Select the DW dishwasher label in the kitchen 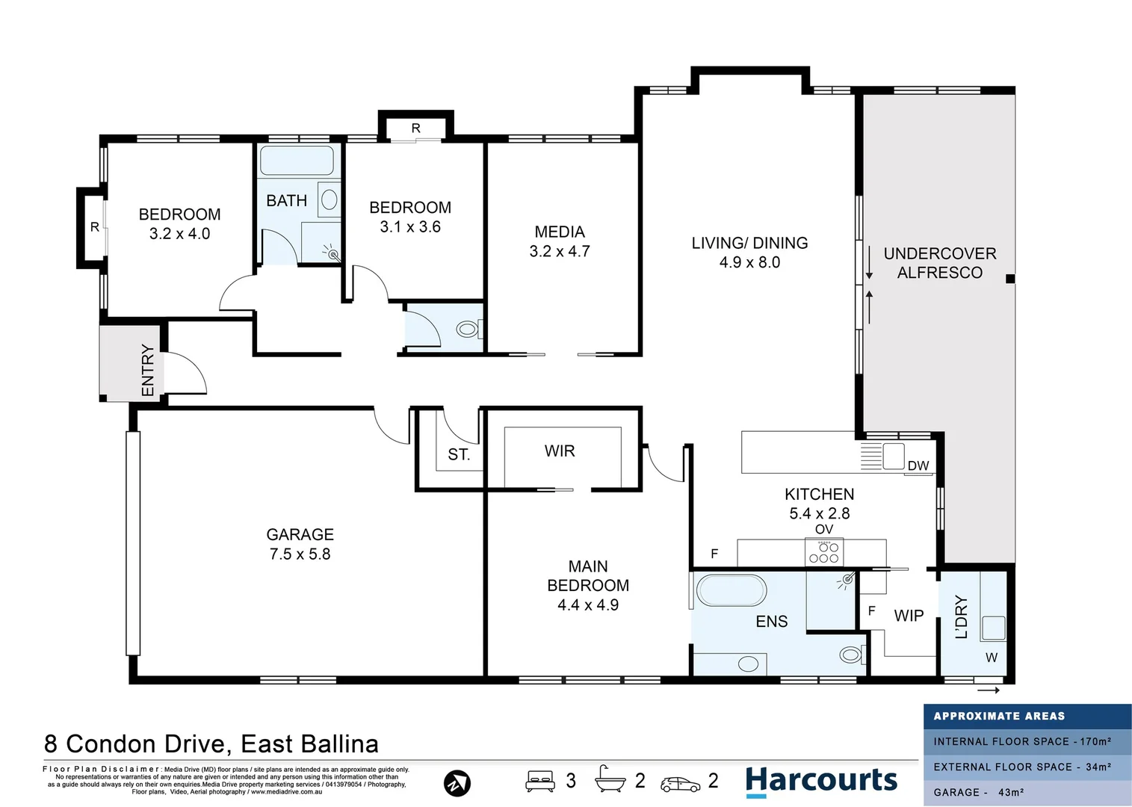pos(918,466)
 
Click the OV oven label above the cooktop pos(823,529)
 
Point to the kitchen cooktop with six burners pos(823,553)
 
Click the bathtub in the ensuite pos(732,590)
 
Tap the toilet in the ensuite pos(850,655)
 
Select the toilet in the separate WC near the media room pos(468,329)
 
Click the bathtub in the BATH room pos(297,161)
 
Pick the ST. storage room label pos(459,454)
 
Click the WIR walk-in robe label pos(560,451)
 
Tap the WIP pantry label pos(909,616)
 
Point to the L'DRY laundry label pos(962,617)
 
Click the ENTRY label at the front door pos(148,370)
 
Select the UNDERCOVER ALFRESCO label pos(940,263)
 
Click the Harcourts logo pos(821,781)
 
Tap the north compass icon pos(457,783)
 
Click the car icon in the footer pos(680,784)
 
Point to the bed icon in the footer pos(539,781)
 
